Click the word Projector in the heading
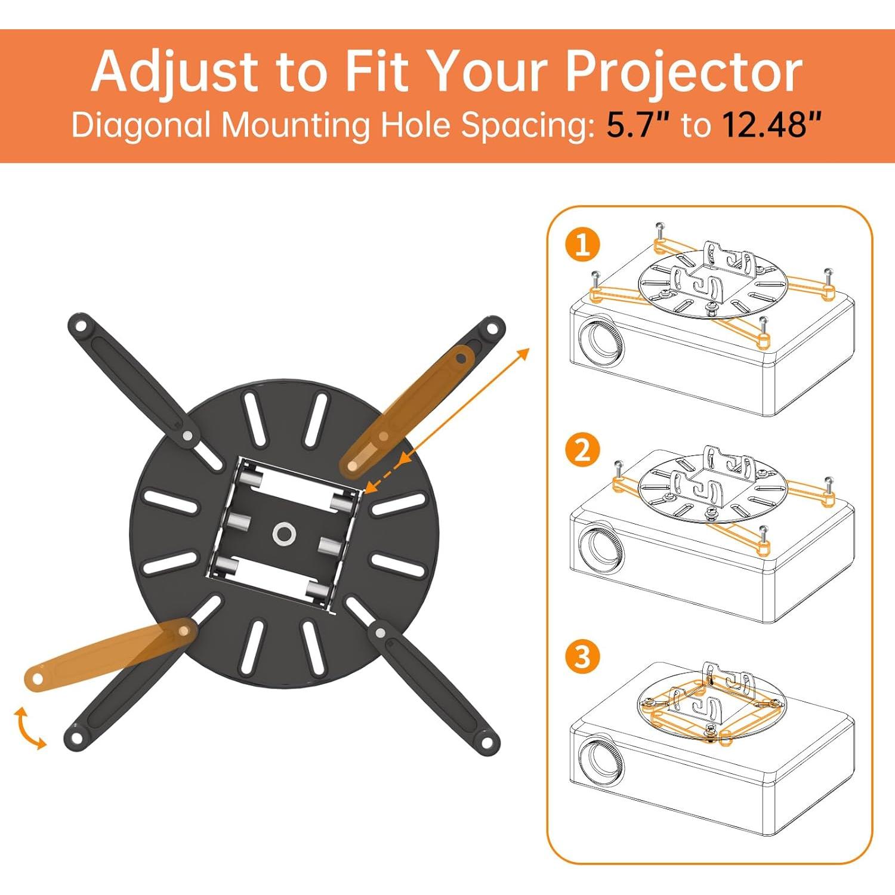[x=683, y=72]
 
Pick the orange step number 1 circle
[x=582, y=244]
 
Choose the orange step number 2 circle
[x=582, y=450]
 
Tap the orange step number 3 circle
[x=582, y=657]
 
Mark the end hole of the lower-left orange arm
[x=36, y=679]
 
